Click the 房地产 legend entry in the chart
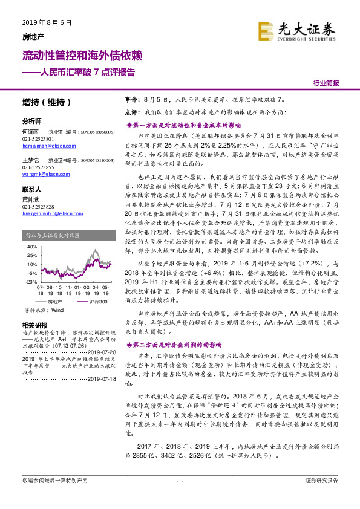tap(55, 301)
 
